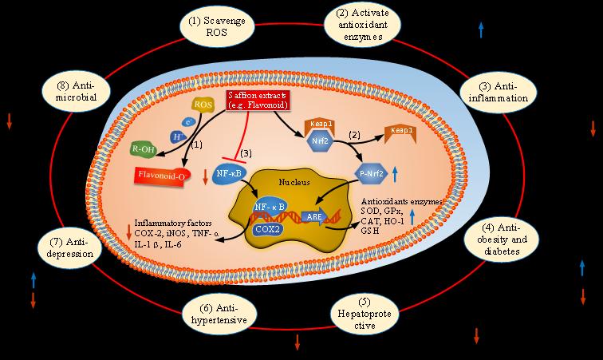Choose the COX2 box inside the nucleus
coord(267,227)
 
